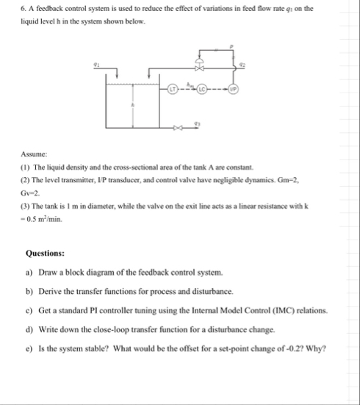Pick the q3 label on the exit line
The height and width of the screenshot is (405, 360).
(196, 123)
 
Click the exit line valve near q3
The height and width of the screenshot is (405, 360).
(175, 129)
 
